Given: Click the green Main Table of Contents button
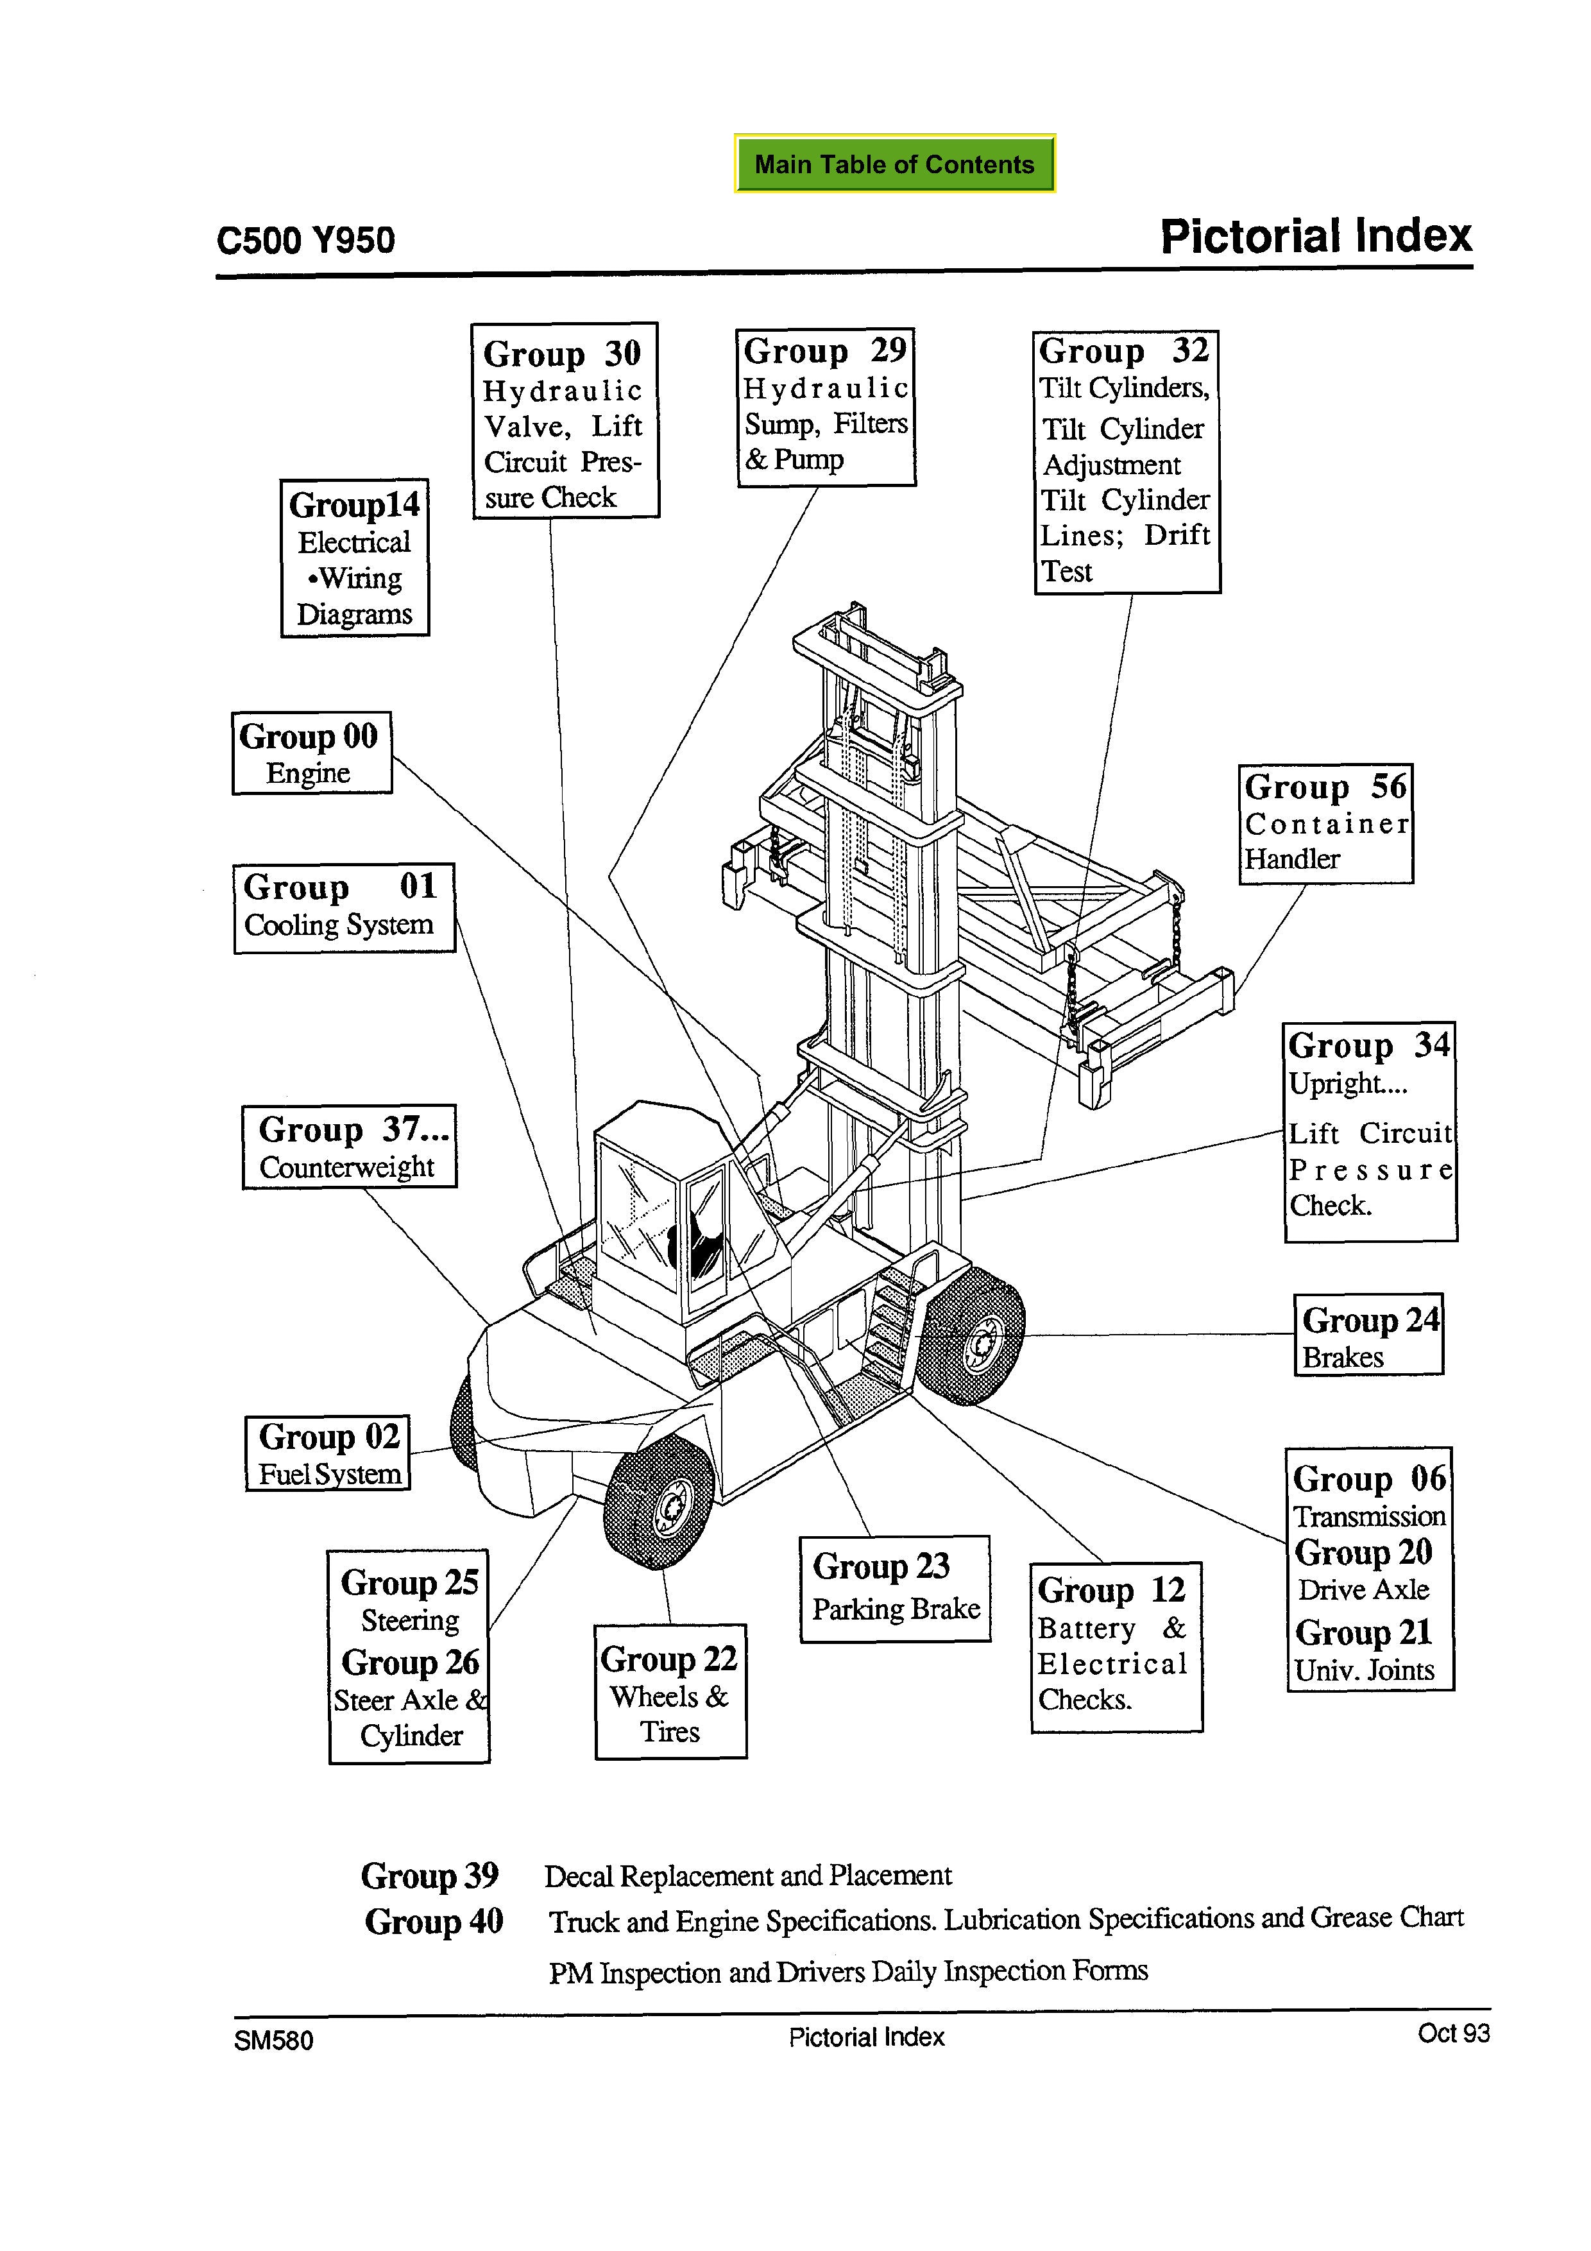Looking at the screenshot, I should click(894, 164).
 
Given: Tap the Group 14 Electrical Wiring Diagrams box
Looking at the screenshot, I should click(355, 558).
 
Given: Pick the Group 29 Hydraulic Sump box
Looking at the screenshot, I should click(826, 407).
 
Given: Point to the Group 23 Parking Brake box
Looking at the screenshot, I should click(895, 1588).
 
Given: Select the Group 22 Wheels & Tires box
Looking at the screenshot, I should click(670, 1691).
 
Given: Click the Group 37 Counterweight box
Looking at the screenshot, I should click(349, 1147).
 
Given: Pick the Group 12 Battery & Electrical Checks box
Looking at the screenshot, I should click(1116, 1647).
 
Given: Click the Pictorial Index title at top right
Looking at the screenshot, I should click(1316, 236).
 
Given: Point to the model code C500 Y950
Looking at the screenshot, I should click(306, 240).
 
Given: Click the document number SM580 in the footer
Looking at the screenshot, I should click(273, 2041).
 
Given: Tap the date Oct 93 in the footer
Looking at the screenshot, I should click(1453, 2033).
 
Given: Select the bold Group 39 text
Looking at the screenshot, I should click(429, 1876).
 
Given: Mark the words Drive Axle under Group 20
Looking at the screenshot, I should click(1363, 1589).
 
